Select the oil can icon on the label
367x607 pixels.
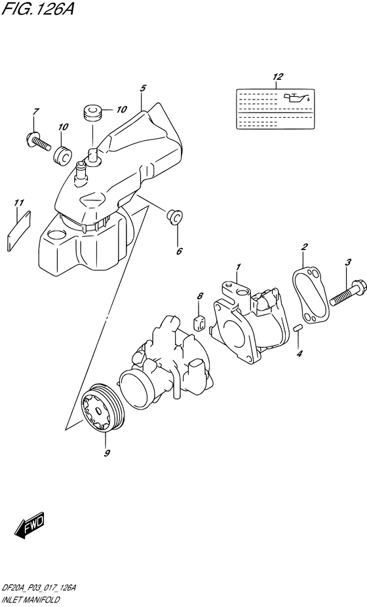click(293, 100)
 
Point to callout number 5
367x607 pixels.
click(142, 87)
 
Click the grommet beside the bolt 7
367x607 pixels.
click(64, 156)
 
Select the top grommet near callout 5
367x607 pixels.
click(92, 112)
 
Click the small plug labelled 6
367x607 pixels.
click(174, 216)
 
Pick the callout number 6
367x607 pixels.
click(179, 250)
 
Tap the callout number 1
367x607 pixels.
click(239, 267)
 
